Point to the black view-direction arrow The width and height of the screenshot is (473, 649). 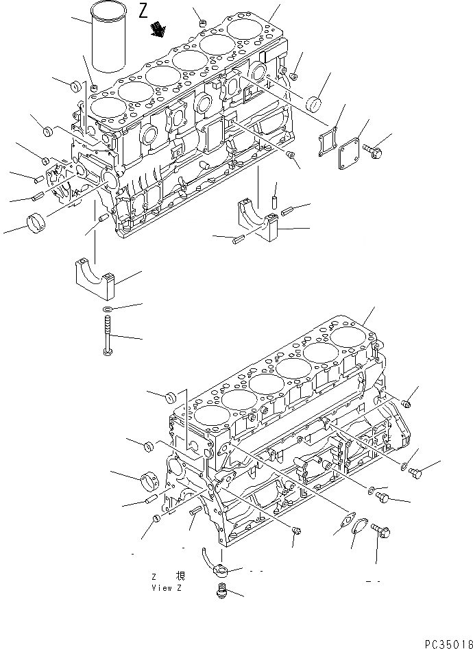click(x=160, y=29)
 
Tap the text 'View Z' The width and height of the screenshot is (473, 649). click(x=166, y=588)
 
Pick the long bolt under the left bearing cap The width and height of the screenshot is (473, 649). click(x=107, y=335)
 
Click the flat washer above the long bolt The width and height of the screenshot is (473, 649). click(x=108, y=310)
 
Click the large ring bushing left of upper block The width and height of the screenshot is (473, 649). click(x=38, y=222)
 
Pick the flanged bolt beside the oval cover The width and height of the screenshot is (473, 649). click(x=380, y=532)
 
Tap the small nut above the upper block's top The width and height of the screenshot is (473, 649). click(x=202, y=24)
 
